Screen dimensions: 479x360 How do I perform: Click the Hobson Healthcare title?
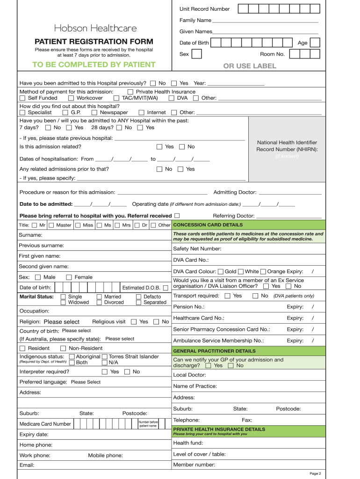coord(95,28)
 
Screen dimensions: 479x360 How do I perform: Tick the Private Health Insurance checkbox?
coord(130,92)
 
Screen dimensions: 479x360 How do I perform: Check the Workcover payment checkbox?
coord(71,98)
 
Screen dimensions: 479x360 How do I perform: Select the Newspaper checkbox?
coord(94,112)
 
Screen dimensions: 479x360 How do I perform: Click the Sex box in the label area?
coord(197,54)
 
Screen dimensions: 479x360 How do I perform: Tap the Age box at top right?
coord(315,43)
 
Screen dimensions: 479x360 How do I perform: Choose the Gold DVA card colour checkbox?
coord(221,272)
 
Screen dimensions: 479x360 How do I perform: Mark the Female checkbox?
coord(69,277)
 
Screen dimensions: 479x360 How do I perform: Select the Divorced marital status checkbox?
coord(99,303)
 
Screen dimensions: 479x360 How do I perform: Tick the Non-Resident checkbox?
coord(63,348)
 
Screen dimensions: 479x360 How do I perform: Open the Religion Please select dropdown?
coord(62,322)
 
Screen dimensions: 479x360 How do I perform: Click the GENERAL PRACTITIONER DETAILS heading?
coord(214,351)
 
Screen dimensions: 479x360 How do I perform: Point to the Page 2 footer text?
coord(315,473)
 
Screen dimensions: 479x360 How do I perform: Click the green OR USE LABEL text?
coord(250,66)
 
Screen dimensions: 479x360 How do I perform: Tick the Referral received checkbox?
coord(177,216)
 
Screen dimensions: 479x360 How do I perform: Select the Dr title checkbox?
coord(138,225)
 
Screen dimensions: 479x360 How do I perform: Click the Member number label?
coord(194,465)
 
